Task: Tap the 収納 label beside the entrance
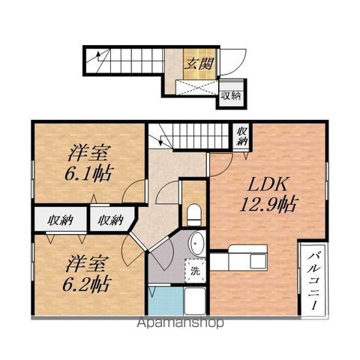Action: (231, 95)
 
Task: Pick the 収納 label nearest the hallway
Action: (110, 220)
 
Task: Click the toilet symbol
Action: (193, 215)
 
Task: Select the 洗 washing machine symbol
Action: (194, 271)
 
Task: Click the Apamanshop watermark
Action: (180, 324)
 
